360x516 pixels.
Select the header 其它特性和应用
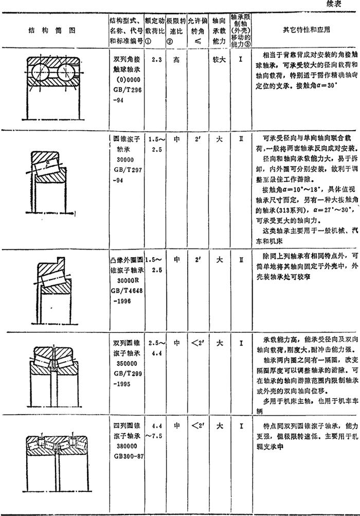click(306, 29)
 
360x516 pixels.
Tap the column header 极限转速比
click(175, 30)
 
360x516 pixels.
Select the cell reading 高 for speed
click(176, 60)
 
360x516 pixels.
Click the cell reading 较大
click(219, 60)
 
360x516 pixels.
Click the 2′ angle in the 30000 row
click(197, 139)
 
